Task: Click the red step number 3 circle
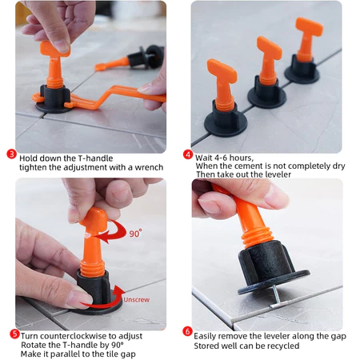click(x=11, y=154)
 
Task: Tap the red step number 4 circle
click(x=188, y=154)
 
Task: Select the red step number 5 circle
click(x=14, y=334)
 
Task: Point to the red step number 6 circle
click(x=187, y=331)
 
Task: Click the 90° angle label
click(x=136, y=234)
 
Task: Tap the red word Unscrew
click(x=136, y=300)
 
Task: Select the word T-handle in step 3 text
click(x=95, y=158)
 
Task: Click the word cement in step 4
click(x=249, y=166)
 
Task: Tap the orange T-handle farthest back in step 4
click(x=308, y=38)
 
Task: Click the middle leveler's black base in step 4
click(x=267, y=93)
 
